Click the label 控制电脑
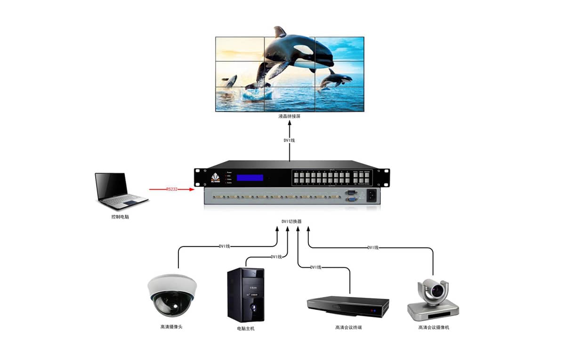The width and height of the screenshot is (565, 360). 117,218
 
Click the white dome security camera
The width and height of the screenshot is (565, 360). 171,295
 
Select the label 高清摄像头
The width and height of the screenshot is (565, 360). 171,327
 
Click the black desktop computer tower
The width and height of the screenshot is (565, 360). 246,295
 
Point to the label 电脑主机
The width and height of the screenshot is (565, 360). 246,328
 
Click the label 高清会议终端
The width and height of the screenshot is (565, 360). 348,327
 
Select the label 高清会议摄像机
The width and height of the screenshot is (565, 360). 434,327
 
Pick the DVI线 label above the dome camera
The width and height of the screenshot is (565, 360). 225,246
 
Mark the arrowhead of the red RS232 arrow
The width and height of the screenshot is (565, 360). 192,189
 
